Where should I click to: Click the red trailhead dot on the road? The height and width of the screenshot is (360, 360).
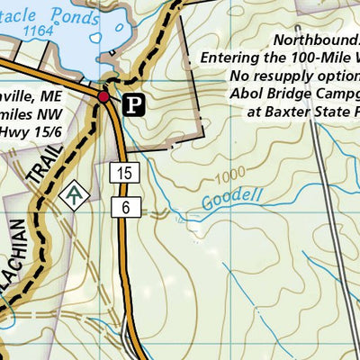104,96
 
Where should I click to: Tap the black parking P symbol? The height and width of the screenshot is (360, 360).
133,105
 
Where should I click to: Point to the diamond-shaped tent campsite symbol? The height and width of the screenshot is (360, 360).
74,193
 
